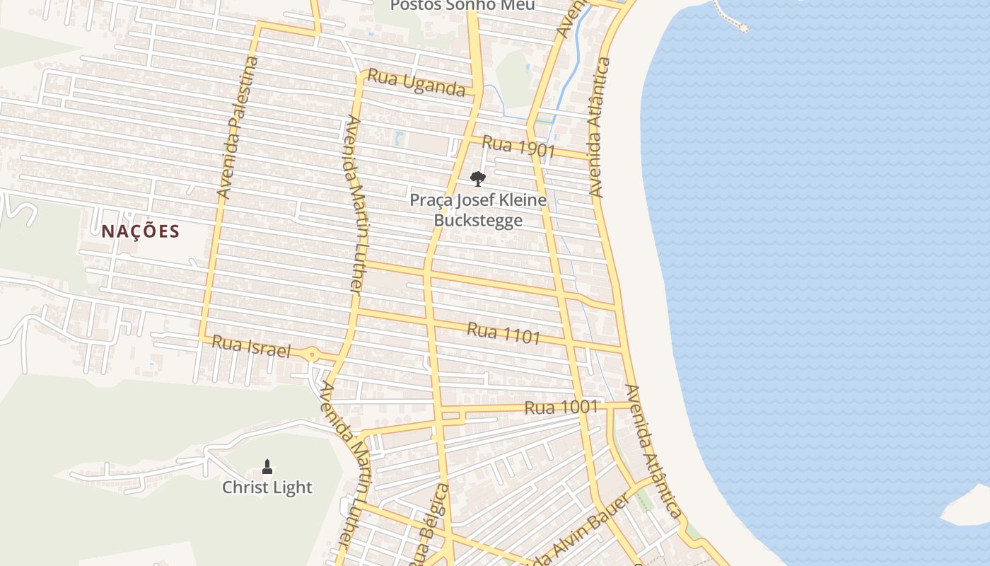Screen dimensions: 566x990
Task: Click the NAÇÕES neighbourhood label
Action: pyautogui.click(x=140, y=231)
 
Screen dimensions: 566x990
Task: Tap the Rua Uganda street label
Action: pyautogui.click(x=417, y=83)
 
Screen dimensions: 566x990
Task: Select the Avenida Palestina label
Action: pyautogui.click(x=238, y=127)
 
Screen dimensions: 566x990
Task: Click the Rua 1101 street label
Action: pyautogui.click(x=503, y=333)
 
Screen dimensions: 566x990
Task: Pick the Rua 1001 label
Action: pyautogui.click(x=561, y=408)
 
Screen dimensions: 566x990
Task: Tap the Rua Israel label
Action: pyautogui.click(x=251, y=346)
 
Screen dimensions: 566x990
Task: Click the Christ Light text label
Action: pyautogui.click(x=267, y=487)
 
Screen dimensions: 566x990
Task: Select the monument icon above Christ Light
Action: pyautogui.click(x=267, y=466)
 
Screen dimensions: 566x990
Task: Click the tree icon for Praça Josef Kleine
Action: pyautogui.click(x=478, y=178)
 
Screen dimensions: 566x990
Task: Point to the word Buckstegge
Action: pyautogui.click(x=478, y=220)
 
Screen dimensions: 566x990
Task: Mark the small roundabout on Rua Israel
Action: pyautogui.click(x=312, y=354)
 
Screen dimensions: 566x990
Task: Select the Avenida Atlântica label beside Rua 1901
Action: pyautogui.click(x=599, y=127)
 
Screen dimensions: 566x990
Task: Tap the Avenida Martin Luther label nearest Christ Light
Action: pyautogui.click(x=346, y=467)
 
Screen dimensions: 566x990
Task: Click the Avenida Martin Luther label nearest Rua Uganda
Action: pyautogui.click(x=354, y=205)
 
